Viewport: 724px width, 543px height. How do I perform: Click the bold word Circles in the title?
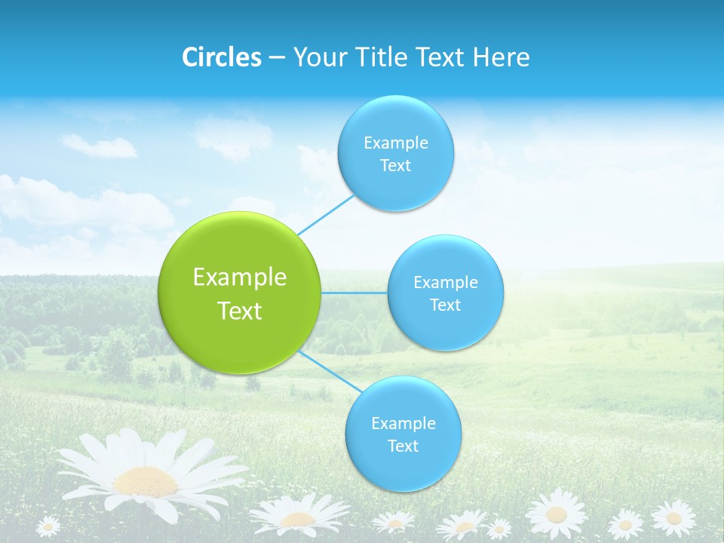pos(221,57)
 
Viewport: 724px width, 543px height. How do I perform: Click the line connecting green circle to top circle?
pos(326,214)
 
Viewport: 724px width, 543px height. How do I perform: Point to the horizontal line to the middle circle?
pos(354,293)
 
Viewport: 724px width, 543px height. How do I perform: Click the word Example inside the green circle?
pos(240,278)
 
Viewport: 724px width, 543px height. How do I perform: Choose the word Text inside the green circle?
pos(240,311)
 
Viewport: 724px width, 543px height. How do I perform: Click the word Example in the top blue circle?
pos(396,143)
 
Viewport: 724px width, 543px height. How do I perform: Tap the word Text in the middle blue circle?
pos(445,305)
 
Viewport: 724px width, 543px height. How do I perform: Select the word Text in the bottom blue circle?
pos(403,446)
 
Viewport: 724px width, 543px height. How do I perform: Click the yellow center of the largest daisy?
pos(145,480)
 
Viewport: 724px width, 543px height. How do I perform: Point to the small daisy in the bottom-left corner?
pos(48,526)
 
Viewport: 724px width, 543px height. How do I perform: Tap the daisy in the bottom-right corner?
pos(673,518)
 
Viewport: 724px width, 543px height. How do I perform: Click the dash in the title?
pos(276,58)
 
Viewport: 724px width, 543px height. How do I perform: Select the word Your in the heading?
pos(318,57)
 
